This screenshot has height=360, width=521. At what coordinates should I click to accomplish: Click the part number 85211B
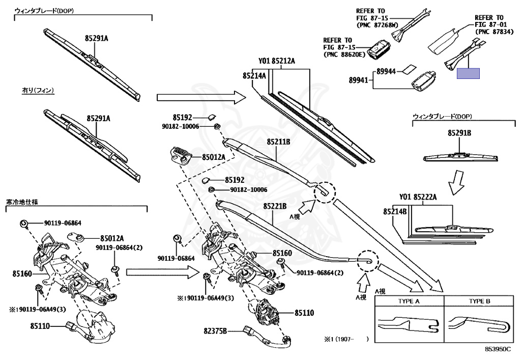coord(278,142)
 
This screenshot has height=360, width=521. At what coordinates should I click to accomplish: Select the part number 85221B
coord(275,206)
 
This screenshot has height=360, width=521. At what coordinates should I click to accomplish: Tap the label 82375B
coord(215,331)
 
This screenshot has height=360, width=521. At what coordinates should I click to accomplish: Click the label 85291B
coord(459,133)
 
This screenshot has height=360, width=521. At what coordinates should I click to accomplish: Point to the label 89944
coord(386,71)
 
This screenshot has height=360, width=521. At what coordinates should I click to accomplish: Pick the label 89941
coord(359,80)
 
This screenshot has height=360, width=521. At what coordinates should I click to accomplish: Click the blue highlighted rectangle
coord(468,73)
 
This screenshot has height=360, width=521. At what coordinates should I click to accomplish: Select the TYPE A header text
coord(409,301)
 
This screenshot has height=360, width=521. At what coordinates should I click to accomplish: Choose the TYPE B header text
coord(479,301)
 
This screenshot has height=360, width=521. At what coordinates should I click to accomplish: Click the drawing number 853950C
coord(498,349)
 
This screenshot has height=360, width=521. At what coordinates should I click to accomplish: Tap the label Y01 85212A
coord(277,61)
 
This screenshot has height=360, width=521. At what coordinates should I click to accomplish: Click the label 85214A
coord(254,76)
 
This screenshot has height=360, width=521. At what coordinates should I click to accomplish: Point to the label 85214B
coord(395,211)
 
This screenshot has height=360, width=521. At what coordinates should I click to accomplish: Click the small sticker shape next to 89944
coord(409,69)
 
